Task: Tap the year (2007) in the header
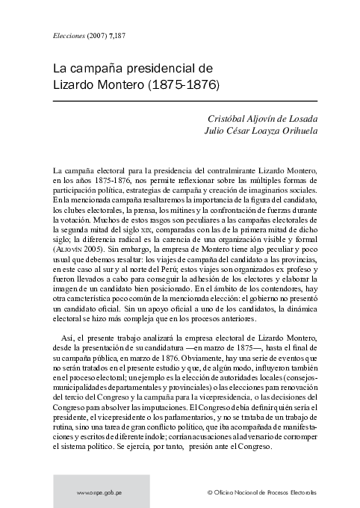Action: click(102, 35)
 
